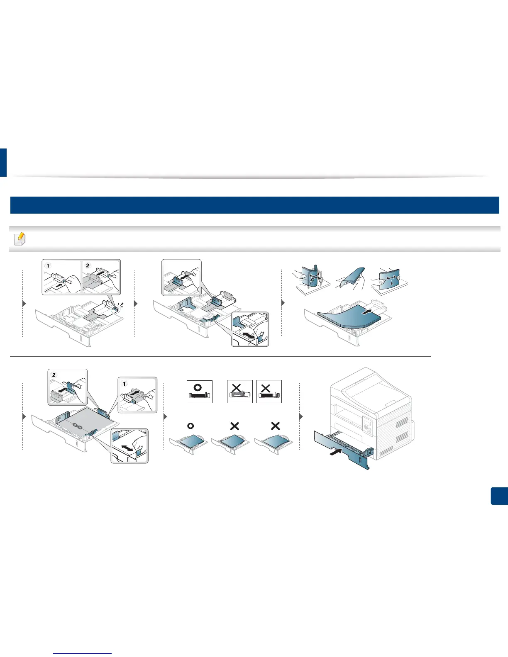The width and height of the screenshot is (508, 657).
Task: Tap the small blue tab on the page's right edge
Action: coord(499,496)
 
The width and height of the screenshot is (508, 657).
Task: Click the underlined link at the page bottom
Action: coord(82,653)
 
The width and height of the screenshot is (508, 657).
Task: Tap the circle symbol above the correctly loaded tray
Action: coord(190,426)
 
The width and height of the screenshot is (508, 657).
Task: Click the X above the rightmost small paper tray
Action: coord(275,426)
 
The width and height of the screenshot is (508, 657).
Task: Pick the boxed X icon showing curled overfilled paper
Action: coord(240,391)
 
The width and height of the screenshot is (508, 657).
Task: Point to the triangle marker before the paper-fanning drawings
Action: coord(283,303)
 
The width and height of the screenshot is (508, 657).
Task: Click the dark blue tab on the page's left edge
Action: coord(3,162)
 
